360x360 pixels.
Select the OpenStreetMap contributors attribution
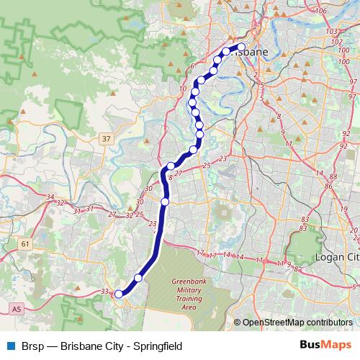[297, 323]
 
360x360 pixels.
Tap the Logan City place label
[337, 257]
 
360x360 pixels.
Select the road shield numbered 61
[26, 245]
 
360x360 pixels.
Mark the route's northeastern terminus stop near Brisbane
[241, 47]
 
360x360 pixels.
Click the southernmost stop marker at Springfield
[119, 294]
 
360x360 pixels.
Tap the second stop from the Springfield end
[138, 278]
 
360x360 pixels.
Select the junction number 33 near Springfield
[105, 292]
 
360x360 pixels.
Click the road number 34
[50, 197]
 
